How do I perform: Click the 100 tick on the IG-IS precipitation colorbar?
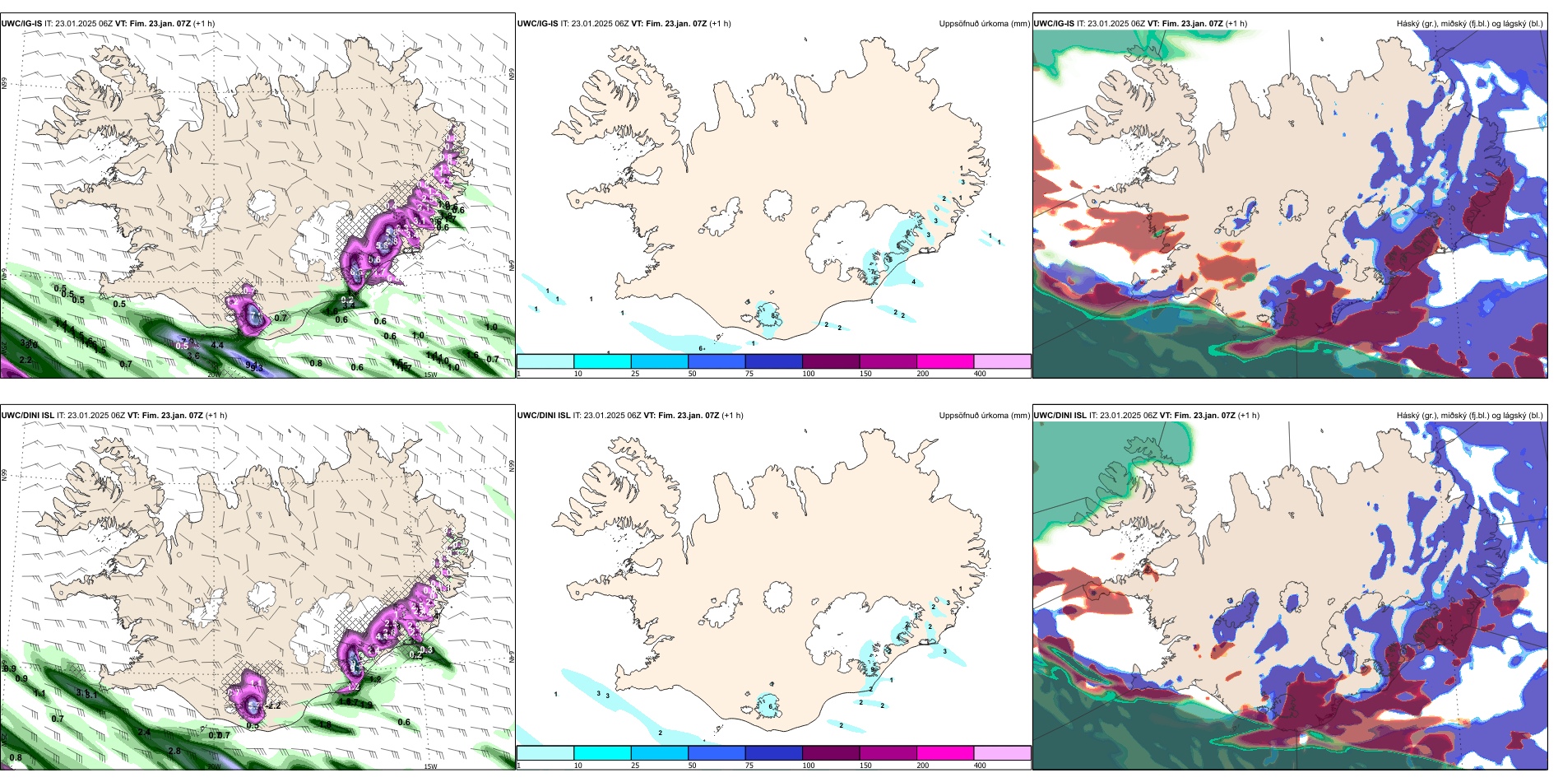[x=809, y=374]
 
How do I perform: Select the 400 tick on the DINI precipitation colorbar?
[x=980, y=766]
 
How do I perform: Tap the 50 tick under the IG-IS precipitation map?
[x=692, y=374]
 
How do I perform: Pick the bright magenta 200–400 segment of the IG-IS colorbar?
[x=944, y=361]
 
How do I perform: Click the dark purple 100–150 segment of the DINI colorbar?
[x=830, y=753]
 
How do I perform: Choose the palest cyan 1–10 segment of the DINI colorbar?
[x=545, y=753]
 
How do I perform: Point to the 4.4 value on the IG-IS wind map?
[x=217, y=345]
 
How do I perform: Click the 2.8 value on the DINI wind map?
[x=174, y=752]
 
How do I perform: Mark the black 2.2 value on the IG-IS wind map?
[x=26, y=360]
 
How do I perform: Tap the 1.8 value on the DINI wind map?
[x=325, y=725]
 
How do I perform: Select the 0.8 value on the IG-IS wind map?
[x=316, y=363]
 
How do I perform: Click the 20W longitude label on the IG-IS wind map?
[x=214, y=375]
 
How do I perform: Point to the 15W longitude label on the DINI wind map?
[x=430, y=766]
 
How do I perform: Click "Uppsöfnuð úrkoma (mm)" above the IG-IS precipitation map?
[x=984, y=24]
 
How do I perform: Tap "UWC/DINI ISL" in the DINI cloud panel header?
[x=1060, y=416]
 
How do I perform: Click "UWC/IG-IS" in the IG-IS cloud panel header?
[x=1054, y=24]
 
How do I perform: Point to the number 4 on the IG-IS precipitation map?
[x=914, y=282]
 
